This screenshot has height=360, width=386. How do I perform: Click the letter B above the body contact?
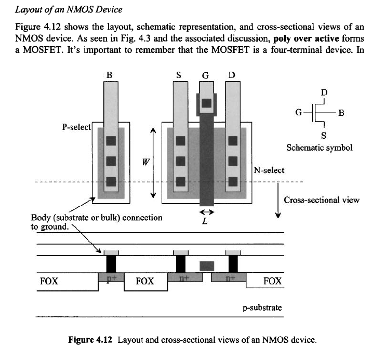[109, 75]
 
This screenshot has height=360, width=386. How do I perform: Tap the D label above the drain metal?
[232, 75]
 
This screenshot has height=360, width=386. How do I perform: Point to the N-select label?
[269, 170]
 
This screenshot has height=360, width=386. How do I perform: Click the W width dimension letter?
[139, 162]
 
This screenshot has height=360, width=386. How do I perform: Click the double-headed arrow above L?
[207, 212]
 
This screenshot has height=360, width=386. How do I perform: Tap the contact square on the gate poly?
[206, 103]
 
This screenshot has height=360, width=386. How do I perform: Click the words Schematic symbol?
[320, 148]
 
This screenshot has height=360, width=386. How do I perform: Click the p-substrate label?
[262, 308]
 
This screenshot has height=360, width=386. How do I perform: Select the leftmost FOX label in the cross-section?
[49, 281]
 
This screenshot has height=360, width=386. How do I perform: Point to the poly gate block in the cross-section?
[207, 265]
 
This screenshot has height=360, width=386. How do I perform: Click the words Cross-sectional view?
[321, 200]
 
